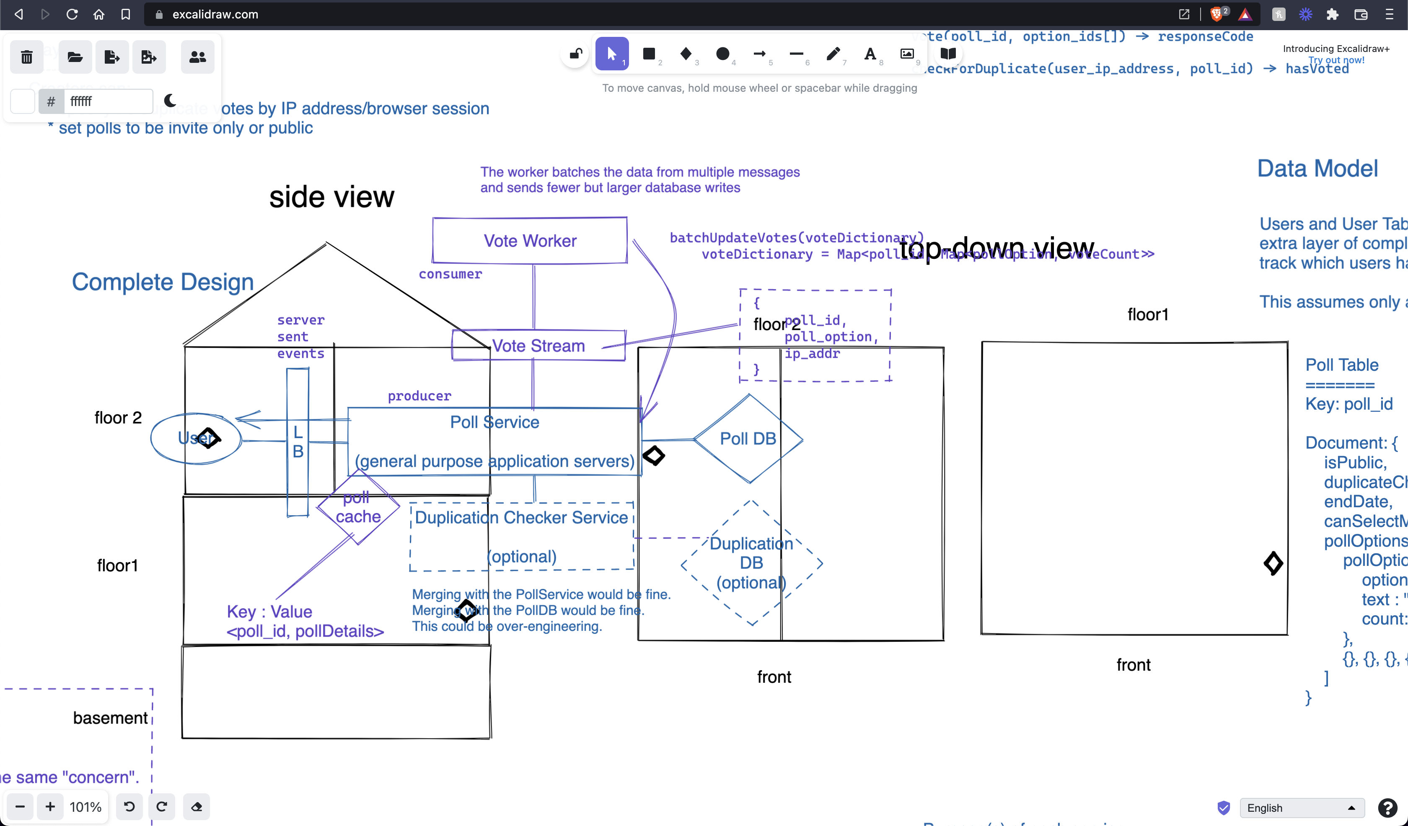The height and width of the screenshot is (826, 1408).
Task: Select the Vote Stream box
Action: [x=538, y=346]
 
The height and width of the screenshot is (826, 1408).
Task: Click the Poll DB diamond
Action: [x=748, y=439]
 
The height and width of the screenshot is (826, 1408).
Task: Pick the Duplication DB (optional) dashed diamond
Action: [x=751, y=563]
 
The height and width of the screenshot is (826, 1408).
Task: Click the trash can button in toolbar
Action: [x=26, y=57]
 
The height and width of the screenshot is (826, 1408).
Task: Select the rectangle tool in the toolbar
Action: [x=649, y=54]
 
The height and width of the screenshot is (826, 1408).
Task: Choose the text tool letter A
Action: [x=870, y=54]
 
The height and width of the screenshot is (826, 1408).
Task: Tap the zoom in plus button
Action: [x=50, y=806]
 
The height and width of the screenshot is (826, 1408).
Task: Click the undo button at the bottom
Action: [x=129, y=806]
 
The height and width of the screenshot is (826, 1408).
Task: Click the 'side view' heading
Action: [x=331, y=197]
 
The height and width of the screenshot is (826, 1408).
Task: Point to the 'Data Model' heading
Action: [x=1317, y=169]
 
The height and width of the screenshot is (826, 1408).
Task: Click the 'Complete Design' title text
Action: [x=163, y=282]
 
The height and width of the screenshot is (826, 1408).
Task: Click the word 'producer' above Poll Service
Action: [x=419, y=396]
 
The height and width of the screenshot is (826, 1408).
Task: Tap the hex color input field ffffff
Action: [x=108, y=101]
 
